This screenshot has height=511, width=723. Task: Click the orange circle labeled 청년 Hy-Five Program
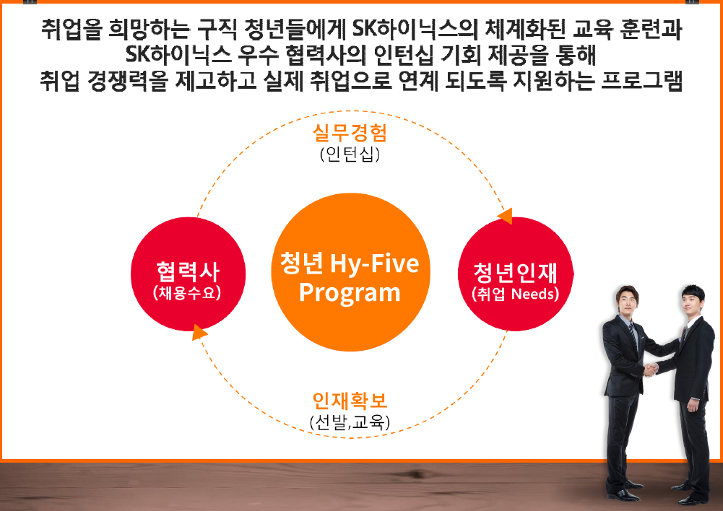(350, 272)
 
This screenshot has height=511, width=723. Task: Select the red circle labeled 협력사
(188, 274)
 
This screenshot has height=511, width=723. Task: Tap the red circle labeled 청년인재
(516, 274)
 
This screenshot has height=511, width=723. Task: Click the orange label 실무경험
(350, 133)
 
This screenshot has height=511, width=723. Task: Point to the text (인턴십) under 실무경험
(350, 154)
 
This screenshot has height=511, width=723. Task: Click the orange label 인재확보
(350, 401)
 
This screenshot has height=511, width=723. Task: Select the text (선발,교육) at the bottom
(350, 422)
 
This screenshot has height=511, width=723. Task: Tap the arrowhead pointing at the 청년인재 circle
(506, 216)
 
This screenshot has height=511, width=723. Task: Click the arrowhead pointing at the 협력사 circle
(199, 332)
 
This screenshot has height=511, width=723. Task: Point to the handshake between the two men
(650, 369)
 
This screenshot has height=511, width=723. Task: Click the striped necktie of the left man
(634, 337)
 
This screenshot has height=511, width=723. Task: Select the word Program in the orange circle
(350, 293)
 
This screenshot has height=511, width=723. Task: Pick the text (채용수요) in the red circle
(187, 293)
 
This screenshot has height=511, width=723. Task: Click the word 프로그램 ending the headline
(642, 80)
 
